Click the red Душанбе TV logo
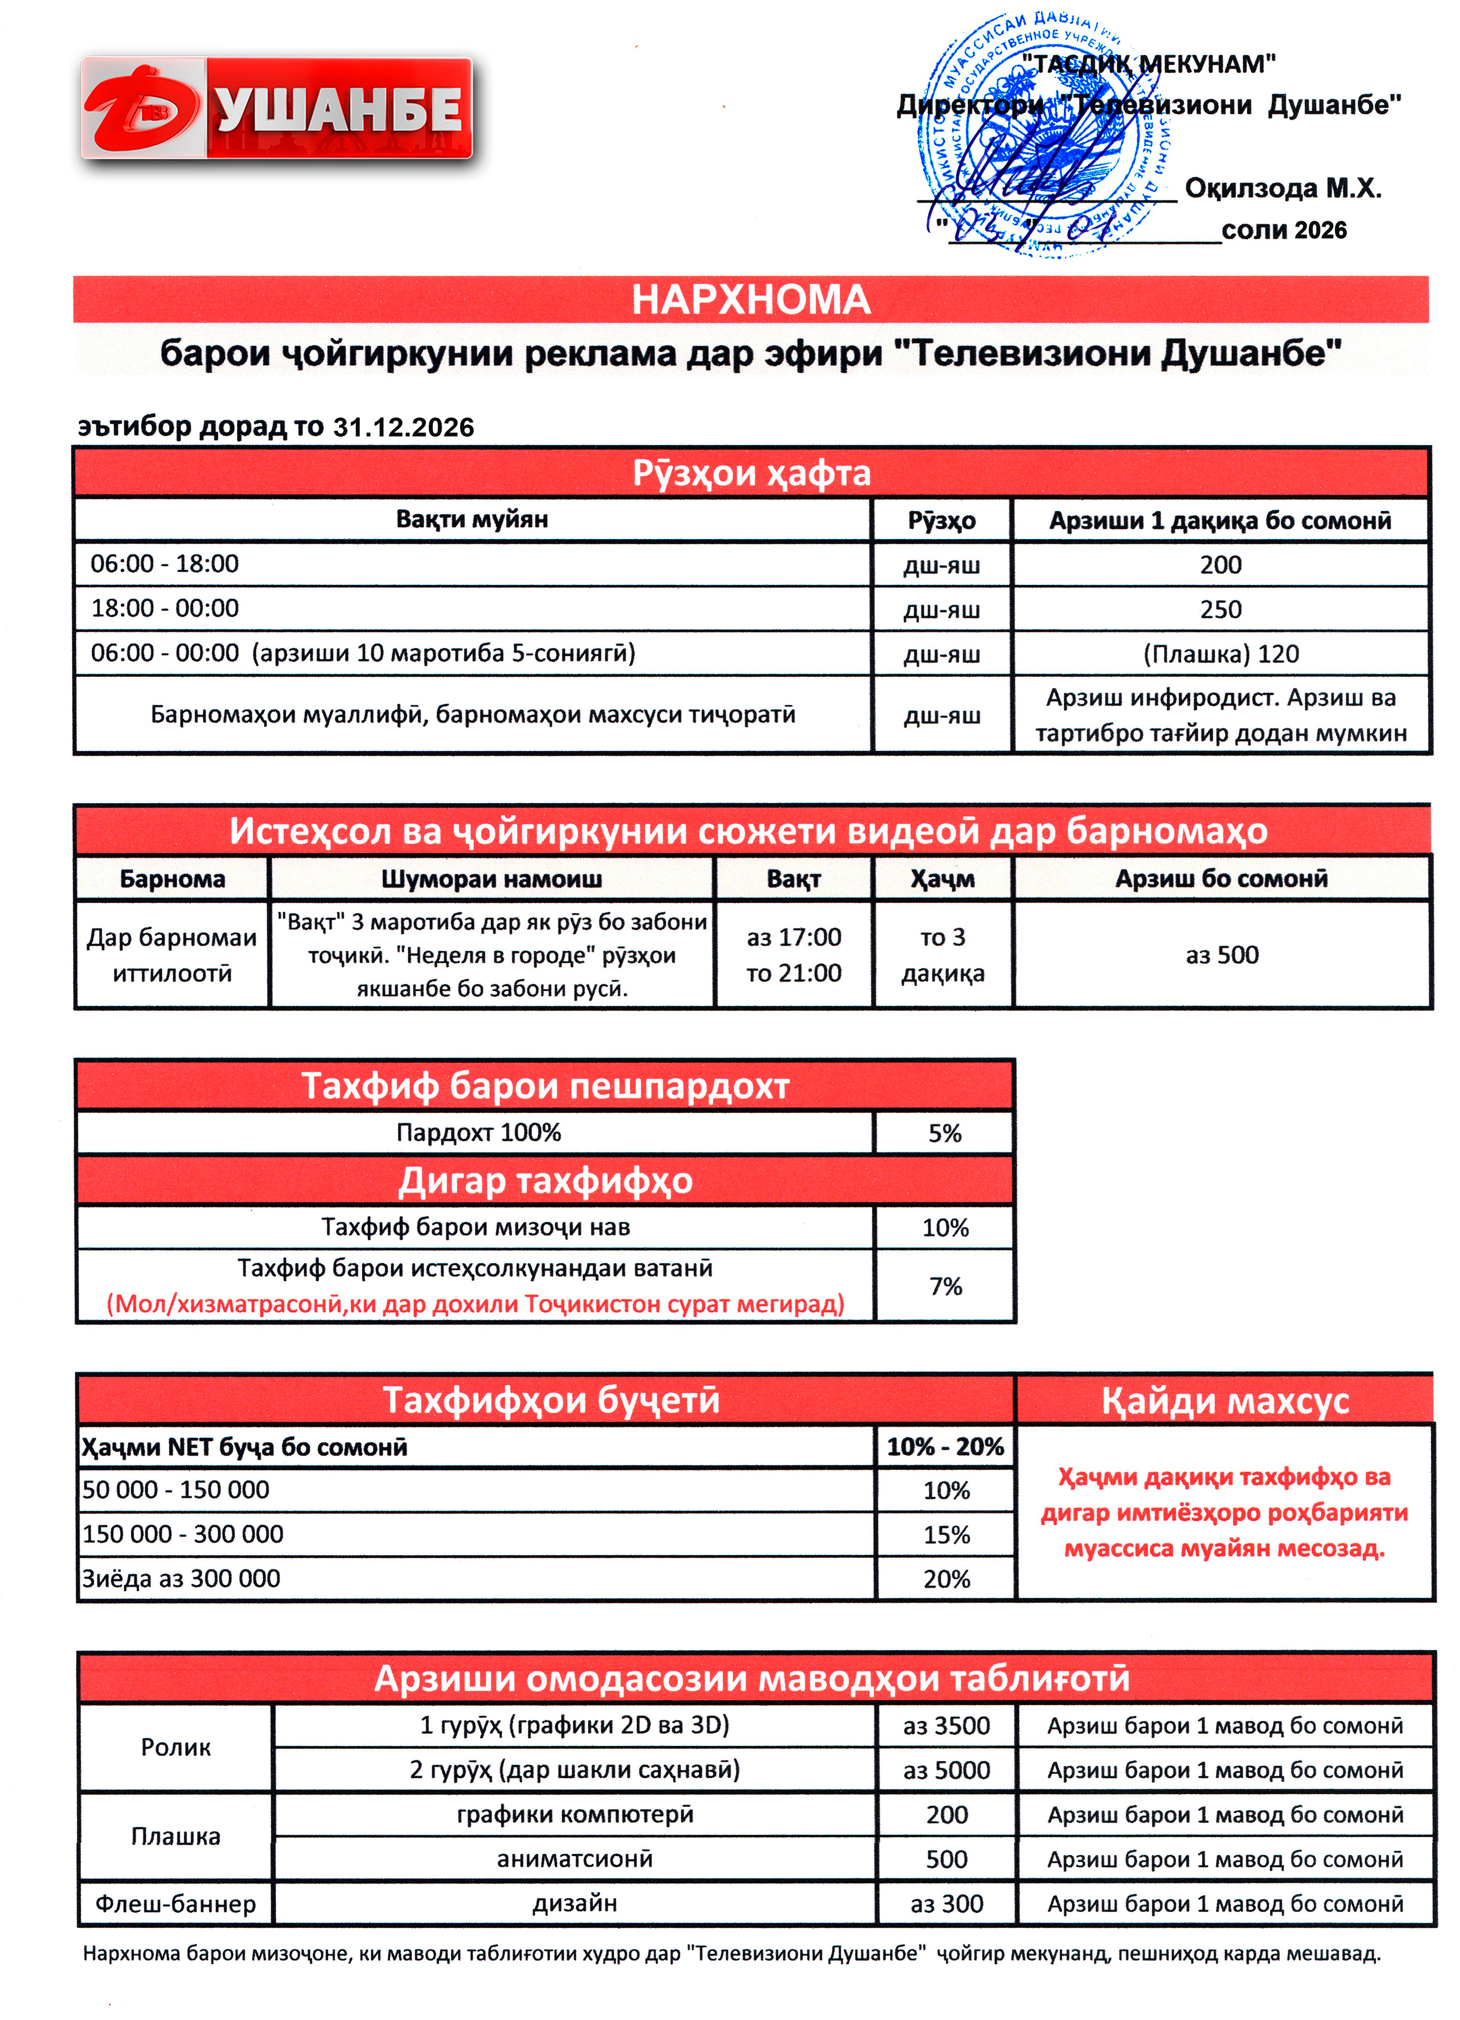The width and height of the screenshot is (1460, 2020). pyautogui.click(x=276, y=108)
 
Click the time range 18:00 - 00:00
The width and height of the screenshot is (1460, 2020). pyautogui.click(x=165, y=608)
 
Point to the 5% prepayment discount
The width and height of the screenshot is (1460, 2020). pyautogui.click(x=944, y=1133)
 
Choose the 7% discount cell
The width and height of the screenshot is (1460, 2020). pyautogui.click(x=945, y=1285)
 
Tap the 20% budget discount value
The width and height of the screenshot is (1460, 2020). pyautogui.click(x=946, y=1578)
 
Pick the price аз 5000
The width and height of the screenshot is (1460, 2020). pyautogui.click(x=946, y=1770)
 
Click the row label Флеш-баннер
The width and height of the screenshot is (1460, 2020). pyautogui.click(x=175, y=1903)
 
